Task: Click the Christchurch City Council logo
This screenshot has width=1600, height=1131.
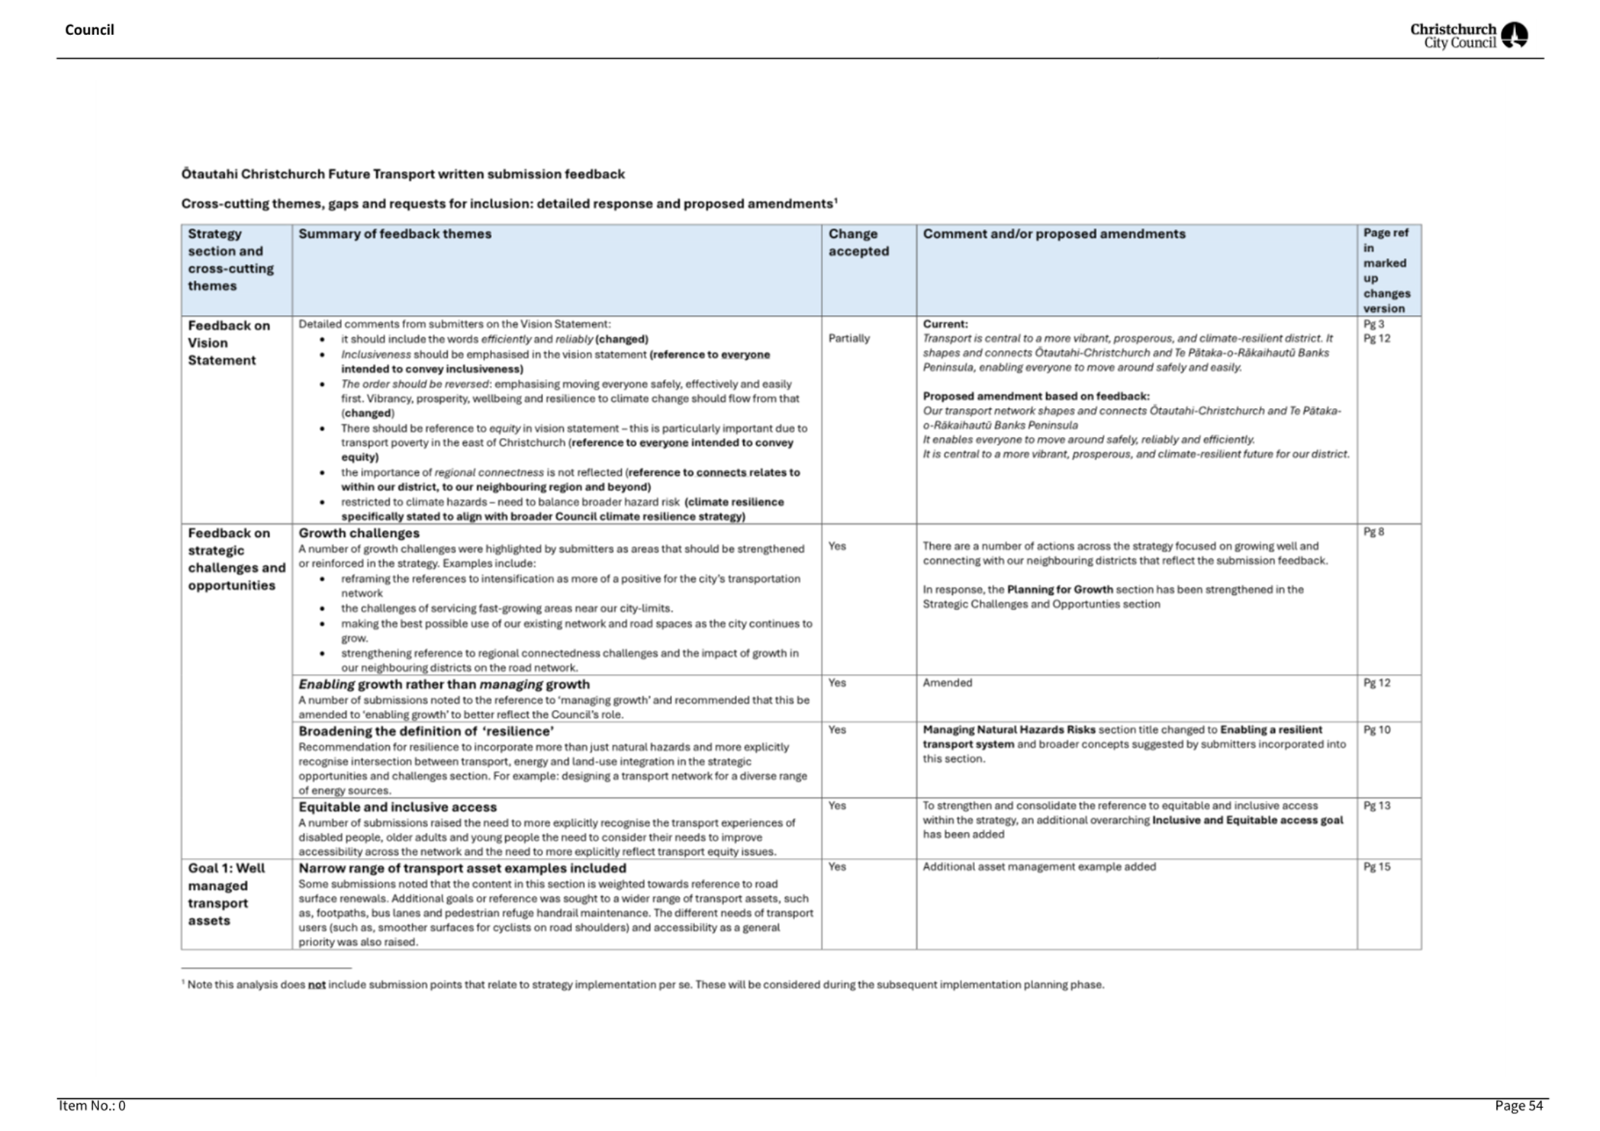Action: pyautogui.click(x=1468, y=35)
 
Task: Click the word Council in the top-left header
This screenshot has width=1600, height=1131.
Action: pyautogui.click(x=89, y=30)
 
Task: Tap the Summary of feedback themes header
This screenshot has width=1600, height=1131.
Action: pyautogui.click(x=394, y=234)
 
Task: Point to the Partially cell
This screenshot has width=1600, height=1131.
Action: pyautogui.click(x=848, y=339)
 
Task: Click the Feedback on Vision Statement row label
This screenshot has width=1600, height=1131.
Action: pyautogui.click(x=228, y=342)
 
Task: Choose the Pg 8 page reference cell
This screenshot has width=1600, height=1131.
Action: pyautogui.click(x=1373, y=532)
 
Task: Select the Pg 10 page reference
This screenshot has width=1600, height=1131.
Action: pyautogui.click(x=1376, y=730)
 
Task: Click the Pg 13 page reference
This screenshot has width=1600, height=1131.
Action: pyautogui.click(x=1376, y=805)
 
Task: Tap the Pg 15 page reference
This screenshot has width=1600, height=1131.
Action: pyautogui.click(x=1376, y=866)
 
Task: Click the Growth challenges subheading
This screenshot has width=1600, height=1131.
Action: pyautogui.click(x=359, y=533)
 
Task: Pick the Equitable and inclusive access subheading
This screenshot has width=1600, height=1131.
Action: pyautogui.click(x=397, y=807)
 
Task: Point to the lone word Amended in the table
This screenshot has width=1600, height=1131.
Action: pyautogui.click(x=947, y=683)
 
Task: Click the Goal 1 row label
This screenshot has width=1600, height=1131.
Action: pyautogui.click(x=226, y=894)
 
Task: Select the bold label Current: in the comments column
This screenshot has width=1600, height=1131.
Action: pyautogui.click(x=945, y=324)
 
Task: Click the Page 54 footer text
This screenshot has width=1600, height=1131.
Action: pyautogui.click(x=1518, y=1106)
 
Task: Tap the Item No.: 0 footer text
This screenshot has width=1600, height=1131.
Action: pyautogui.click(x=92, y=1106)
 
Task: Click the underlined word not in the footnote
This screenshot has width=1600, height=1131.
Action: pyautogui.click(x=316, y=985)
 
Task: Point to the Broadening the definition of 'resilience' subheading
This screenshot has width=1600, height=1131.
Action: pyautogui.click(x=426, y=731)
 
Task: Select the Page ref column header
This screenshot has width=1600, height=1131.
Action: pyautogui.click(x=1386, y=270)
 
